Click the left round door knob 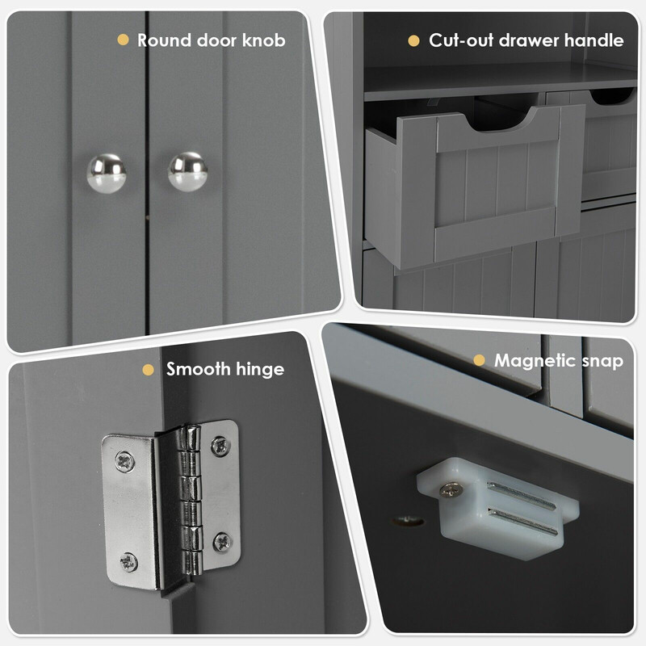(107, 174)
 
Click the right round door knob (188, 172)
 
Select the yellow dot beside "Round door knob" (124, 40)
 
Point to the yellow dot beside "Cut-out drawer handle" (413, 40)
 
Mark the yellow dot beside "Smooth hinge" (149, 370)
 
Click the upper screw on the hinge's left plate (125, 462)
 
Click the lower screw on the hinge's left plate (129, 562)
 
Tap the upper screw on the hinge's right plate (220, 446)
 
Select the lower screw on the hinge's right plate (223, 542)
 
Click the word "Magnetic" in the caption (535, 360)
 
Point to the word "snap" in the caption (602, 362)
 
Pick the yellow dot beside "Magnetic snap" (479, 360)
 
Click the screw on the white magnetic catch (451, 489)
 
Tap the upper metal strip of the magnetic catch (521, 496)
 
